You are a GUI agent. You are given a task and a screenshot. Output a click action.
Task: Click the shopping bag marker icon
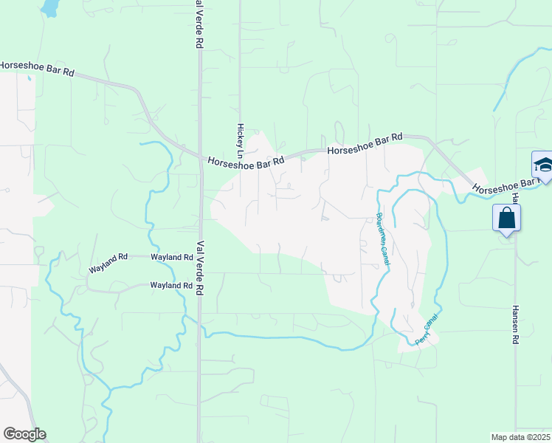506,219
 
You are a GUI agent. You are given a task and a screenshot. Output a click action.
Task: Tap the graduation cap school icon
542,165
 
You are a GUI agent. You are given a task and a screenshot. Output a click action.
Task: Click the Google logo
24,434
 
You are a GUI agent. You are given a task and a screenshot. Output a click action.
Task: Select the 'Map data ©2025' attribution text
520,437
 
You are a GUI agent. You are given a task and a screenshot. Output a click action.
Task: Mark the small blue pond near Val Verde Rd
49,8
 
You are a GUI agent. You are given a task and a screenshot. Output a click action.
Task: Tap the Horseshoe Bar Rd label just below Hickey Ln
246,162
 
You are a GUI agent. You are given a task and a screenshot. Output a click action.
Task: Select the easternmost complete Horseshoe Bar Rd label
365,144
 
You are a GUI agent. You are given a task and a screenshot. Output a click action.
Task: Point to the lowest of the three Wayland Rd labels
171,285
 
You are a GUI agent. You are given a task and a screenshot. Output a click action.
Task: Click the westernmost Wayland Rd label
108,263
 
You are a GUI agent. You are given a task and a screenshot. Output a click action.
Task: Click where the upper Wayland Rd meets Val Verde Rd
199,258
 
